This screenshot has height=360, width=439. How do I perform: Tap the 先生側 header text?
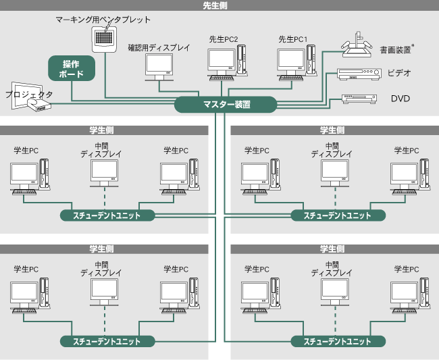tap(219, 5)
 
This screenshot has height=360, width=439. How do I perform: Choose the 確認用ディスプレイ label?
tap(159, 48)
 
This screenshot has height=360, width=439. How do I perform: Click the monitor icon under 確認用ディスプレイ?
tap(159, 68)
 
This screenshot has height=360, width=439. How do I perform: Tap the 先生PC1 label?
tap(292, 40)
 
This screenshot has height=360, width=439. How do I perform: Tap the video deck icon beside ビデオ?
tap(355, 75)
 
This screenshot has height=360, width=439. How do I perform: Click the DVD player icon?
tap(357, 99)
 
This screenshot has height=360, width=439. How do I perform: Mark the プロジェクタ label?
tap(28, 95)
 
